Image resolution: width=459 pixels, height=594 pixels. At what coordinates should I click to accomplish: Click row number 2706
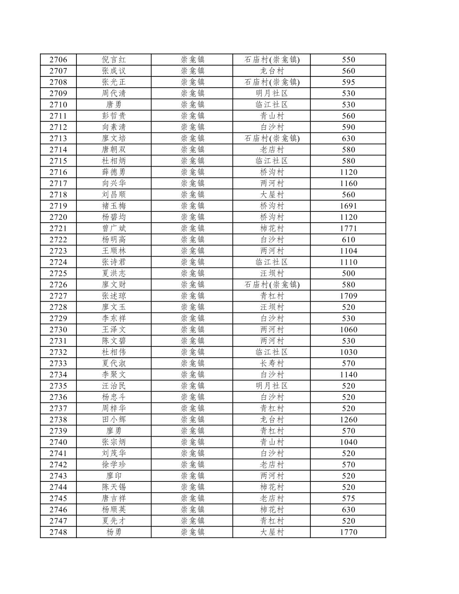pos(58,60)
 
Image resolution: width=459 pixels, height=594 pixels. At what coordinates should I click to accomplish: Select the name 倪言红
pos(114,60)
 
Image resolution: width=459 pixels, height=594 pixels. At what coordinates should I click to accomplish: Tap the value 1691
pos(348,206)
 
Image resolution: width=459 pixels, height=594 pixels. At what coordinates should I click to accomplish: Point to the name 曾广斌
pos(114,228)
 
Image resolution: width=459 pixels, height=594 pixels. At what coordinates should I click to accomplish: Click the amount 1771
pos(348,228)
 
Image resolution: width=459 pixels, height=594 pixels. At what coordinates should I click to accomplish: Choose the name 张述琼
pos(114,296)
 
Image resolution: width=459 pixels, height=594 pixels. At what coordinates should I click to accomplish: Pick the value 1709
pos(348,296)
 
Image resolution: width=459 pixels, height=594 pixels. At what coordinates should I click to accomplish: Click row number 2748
pos(58,532)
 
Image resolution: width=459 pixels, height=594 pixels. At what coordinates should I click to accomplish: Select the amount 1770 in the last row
pos(348,532)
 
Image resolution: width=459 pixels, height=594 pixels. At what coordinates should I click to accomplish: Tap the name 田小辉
pos(114,420)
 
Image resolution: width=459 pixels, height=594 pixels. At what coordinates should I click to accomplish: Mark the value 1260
pos(348,420)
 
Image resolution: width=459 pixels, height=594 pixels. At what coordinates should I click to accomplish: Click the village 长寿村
pos(272,363)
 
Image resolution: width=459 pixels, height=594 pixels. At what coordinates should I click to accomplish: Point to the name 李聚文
pos(114,375)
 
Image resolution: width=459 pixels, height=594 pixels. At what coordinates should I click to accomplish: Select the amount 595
pos(348,82)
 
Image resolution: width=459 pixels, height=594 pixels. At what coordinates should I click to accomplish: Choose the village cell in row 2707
pos(272,71)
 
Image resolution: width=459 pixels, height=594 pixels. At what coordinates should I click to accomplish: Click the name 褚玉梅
pos(114,206)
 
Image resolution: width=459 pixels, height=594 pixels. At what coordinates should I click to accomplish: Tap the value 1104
pos(348,251)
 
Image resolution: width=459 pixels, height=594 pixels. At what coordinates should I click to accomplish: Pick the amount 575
pos(348,498)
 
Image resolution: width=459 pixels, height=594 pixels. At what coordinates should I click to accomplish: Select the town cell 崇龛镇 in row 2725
pos(192,273)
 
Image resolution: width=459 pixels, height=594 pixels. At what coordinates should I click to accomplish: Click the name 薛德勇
pos(114,172)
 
